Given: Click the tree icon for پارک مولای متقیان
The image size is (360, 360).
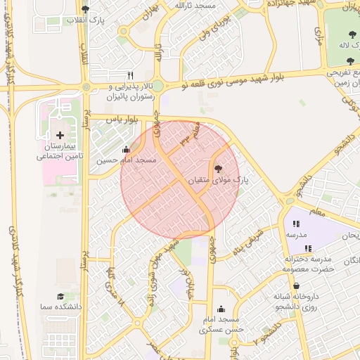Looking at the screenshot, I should (217, 169).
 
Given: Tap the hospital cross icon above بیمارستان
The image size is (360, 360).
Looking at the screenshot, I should (60, 134).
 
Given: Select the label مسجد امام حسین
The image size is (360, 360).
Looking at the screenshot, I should (127, 160).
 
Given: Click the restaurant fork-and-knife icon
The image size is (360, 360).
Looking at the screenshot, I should (130, 75).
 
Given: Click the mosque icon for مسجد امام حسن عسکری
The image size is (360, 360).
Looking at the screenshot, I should (221, 309).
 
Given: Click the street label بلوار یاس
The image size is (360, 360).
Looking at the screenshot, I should (120, 120).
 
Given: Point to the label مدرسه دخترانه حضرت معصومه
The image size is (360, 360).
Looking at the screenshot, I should (310, 264).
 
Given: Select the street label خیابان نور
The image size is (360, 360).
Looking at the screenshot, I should (184, 280).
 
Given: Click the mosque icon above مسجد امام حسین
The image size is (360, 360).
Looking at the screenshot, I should (126, 149).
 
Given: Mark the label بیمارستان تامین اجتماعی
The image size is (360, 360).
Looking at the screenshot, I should (60, 151).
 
